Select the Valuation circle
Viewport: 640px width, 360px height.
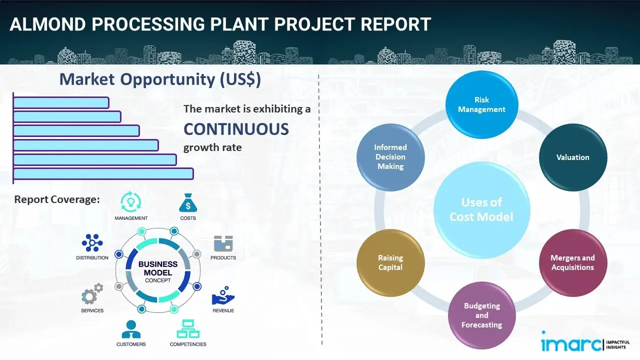pyautogui.click(x=572, y=157)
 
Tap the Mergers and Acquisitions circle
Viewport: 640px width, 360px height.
pyautogui.click(x=572, y=262)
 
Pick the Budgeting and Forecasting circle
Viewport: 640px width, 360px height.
pyautogui.click(x=481, y=315)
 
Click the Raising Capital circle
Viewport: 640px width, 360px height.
pyautogui.click(x=390, y=262)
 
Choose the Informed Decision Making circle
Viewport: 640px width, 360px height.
pyautogui.click(x=390, y=157)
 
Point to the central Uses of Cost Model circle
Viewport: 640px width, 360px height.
pyautogui.click(x=481, y=209)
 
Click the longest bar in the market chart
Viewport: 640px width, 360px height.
pyautogui.click(x=103, y=173)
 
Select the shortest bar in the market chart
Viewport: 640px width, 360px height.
pyautogui.click(x=61, y=102)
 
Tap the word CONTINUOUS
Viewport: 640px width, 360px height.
pyautogui.click(x=236, y=129)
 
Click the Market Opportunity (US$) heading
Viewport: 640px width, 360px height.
pyautogui.click(x=160, y=79)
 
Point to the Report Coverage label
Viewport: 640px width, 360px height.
pyautogui.click(x=57, y=199)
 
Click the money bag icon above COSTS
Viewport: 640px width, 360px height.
pyautogui.click(x=188, y=203)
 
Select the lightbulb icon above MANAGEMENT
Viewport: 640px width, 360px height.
pyautogui.click(x=131, y=202)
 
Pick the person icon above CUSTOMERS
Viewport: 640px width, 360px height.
pyautogui.click(x=131, y=329)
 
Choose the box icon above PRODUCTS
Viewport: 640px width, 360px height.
pyautogui.click(x=223, y=243)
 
